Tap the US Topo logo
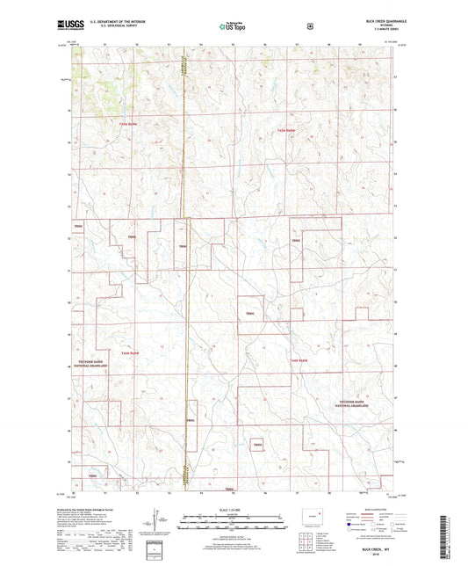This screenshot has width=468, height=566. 232,26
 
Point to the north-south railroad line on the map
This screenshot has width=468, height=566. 185,264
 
